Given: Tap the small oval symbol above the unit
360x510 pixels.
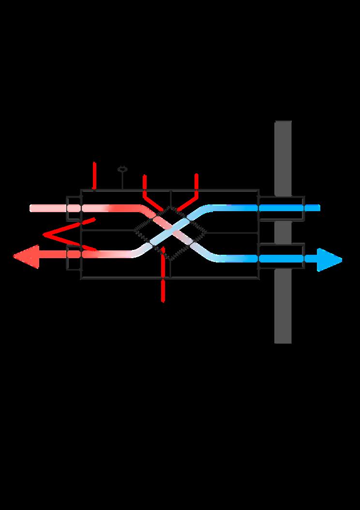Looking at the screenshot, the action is coord(122,170).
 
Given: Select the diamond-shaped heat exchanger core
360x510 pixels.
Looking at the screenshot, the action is coord(170,233).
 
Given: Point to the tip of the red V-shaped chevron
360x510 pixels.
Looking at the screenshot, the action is coord(45,235).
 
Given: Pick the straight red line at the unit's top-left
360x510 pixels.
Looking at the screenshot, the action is coord(94,175).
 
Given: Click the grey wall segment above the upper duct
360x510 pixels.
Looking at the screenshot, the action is coord(283,157).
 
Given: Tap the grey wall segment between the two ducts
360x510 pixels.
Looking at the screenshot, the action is coord(283,232).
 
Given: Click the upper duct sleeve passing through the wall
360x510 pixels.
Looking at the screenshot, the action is coord(282,208).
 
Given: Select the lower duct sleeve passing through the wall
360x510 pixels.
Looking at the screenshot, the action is coord(282,256).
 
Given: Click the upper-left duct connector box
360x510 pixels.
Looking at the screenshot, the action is coord(74,208).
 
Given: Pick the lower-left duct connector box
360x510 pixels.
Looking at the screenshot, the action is coord(74,257).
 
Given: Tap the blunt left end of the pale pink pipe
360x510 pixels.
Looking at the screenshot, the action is coord(32,208).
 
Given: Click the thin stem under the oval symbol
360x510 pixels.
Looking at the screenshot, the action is coord(122,181).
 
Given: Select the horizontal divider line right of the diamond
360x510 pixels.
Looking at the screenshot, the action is coord(232,233).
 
